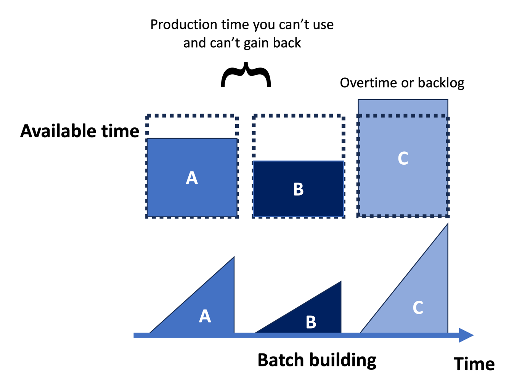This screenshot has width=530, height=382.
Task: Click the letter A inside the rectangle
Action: pyautogui.click(x=192, y=178)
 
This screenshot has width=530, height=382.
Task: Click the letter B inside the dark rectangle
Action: pyautogui.click(x=298, y=189)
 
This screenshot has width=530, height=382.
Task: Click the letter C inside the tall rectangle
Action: pyautogui.click(x=403, y=158)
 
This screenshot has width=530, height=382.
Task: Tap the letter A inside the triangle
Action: pyautogui.click(x=205, y=316)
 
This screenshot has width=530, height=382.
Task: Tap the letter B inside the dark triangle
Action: pyautogui.click(x=311, y=322)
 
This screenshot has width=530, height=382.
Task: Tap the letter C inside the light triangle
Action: pyautogui.click(x=418, y=308)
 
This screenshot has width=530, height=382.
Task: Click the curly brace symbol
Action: pyautogui.click(x=246, y=75)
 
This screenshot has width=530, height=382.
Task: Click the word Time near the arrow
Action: pyautogui.click(x=474, y=364)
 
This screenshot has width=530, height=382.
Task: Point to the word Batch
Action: pyautogui.click(x=280, y=360)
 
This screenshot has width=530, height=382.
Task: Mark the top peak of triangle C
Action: pyautogui.click(x=447, y=225)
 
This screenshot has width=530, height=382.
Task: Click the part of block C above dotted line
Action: pyautogui.click(x=403, y=107)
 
